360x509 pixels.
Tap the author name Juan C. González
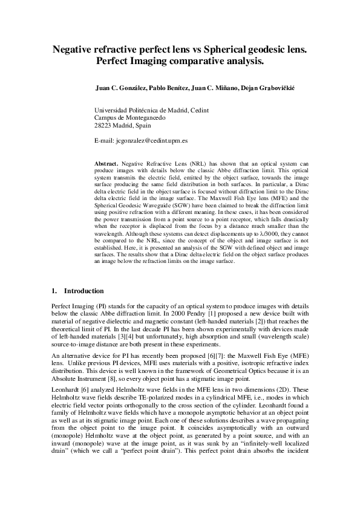tap(121, 88)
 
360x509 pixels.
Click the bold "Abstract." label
tap(106, 164)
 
